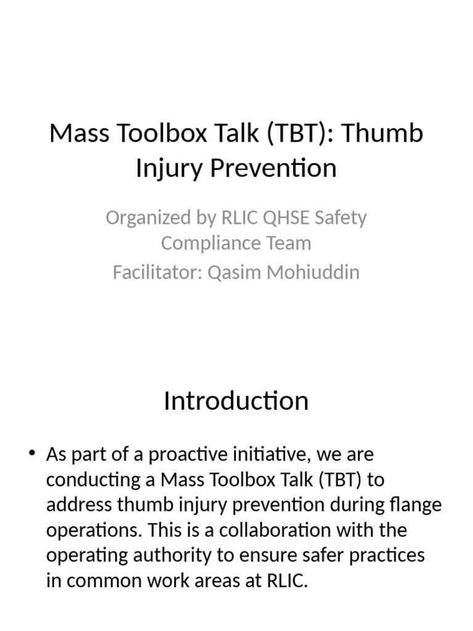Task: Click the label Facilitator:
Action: pos(157,272)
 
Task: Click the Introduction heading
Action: pos(236,401)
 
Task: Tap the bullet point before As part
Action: pos(32,455)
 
